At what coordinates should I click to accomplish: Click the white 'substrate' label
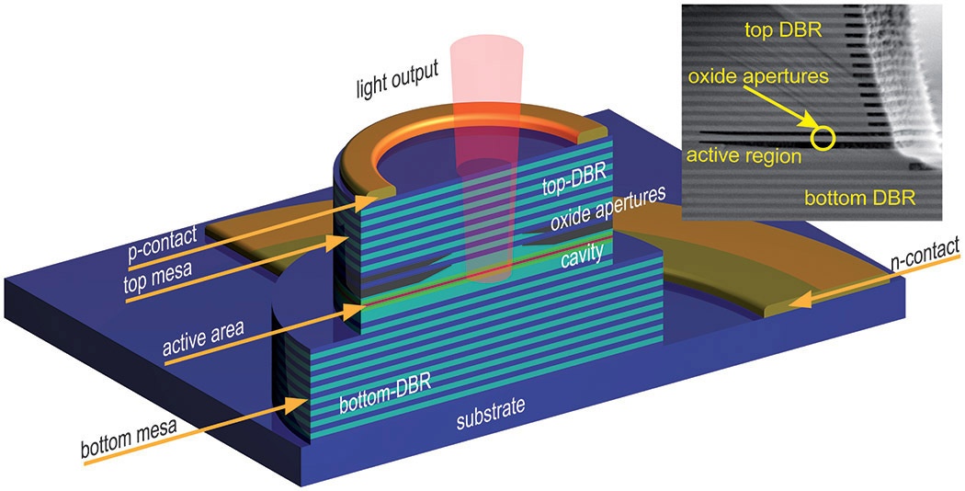point(491,414)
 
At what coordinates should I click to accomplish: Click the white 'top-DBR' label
point(574,179)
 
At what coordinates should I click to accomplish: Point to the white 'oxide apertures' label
point(608,209)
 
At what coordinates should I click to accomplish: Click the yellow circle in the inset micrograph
point(823,139)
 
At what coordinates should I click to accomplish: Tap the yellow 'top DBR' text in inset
point(783,30)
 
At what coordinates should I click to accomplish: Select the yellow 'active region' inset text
point(744,155)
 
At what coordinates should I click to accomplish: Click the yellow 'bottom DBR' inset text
point(859,199)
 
